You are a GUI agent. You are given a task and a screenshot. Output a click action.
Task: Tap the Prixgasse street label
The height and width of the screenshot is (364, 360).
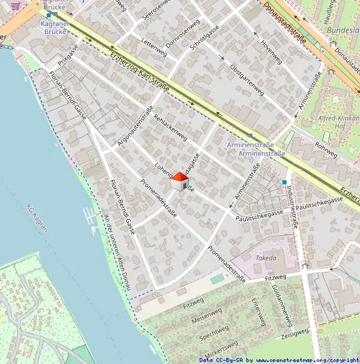point(69,53)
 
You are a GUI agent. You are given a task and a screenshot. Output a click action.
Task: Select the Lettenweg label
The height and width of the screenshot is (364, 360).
point(154,45)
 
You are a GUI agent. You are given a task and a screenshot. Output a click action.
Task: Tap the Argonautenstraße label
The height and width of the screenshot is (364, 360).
point(136,126)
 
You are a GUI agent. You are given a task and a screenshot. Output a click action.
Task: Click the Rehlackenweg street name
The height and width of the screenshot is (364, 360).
point(170,127)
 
